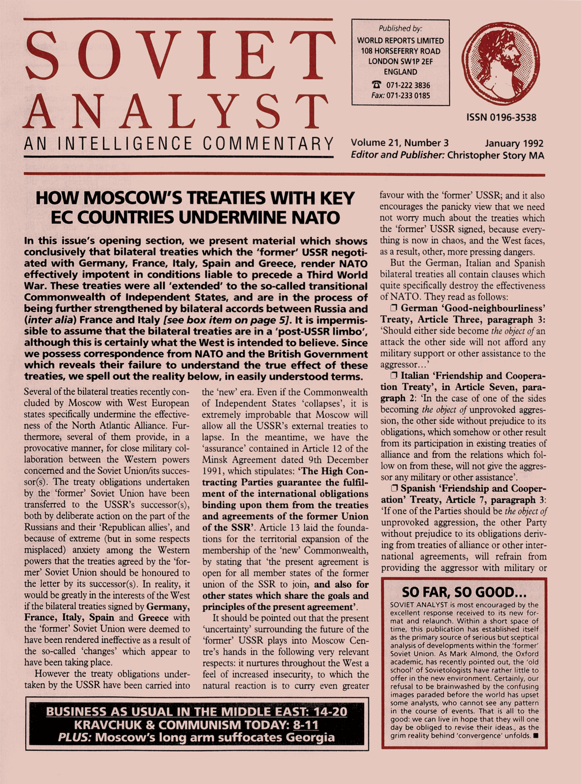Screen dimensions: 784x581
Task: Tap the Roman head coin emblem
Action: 501,64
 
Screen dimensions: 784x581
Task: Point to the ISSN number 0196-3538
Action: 501,117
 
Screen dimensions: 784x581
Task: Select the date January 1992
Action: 514,143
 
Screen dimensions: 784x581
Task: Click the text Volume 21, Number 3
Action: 400,143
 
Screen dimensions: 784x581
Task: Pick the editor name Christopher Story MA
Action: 495,155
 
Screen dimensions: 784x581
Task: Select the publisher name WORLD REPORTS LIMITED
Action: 400,41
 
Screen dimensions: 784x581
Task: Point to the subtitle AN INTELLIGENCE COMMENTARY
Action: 179,144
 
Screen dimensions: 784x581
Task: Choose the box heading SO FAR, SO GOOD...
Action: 464,592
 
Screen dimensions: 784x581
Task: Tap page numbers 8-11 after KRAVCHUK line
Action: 306,724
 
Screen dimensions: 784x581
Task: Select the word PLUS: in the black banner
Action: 75,738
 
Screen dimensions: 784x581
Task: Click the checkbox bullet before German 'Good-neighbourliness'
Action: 394,308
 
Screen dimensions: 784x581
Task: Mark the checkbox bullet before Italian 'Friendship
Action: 394,376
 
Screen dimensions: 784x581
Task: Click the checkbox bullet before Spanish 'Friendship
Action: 394,489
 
